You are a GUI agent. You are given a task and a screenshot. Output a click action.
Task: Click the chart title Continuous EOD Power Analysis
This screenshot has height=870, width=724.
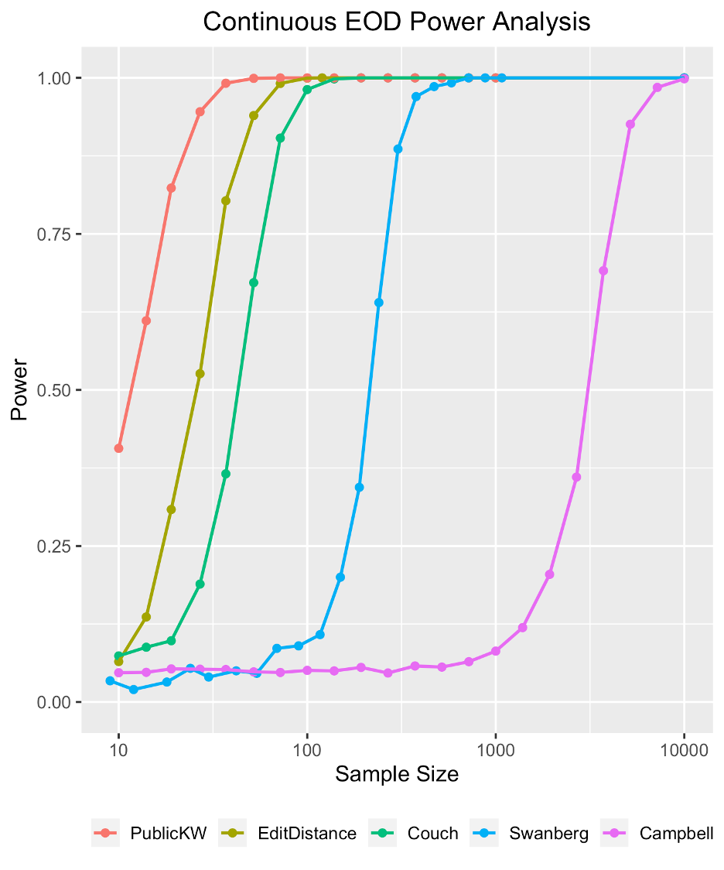click(396, 22)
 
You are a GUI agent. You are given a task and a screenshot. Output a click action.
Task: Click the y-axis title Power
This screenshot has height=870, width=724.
click(19, 389)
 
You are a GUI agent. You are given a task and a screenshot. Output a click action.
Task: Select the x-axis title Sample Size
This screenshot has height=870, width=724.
click(396, 773)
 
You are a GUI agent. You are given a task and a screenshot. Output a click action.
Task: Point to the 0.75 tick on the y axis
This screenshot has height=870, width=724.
click(54, 234)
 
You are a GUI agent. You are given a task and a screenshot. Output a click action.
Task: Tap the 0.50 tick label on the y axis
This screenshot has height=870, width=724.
click(54, 390)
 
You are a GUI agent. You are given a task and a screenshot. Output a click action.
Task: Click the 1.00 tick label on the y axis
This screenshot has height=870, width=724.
click(54, 78)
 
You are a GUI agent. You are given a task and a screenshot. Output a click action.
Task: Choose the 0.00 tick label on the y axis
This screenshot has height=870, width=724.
click(54, 702)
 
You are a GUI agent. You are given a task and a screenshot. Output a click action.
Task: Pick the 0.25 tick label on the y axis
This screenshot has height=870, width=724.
click(54, 546)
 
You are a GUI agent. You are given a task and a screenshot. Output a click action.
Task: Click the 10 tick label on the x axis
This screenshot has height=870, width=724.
click(118, 749)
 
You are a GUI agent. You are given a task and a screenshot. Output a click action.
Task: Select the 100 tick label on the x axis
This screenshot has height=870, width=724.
click(307, 749)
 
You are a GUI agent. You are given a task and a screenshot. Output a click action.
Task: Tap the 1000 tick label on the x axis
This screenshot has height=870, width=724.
click(496, 749)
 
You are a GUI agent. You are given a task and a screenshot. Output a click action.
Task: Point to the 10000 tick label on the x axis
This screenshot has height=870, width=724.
click(684, 749)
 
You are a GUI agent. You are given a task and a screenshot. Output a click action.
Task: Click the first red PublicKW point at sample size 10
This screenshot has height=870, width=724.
click(118, 448)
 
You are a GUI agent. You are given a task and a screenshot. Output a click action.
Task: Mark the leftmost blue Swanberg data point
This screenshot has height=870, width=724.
click(110, 680)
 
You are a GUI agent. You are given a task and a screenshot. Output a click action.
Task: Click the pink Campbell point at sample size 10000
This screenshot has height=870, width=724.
click(685, 79)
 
